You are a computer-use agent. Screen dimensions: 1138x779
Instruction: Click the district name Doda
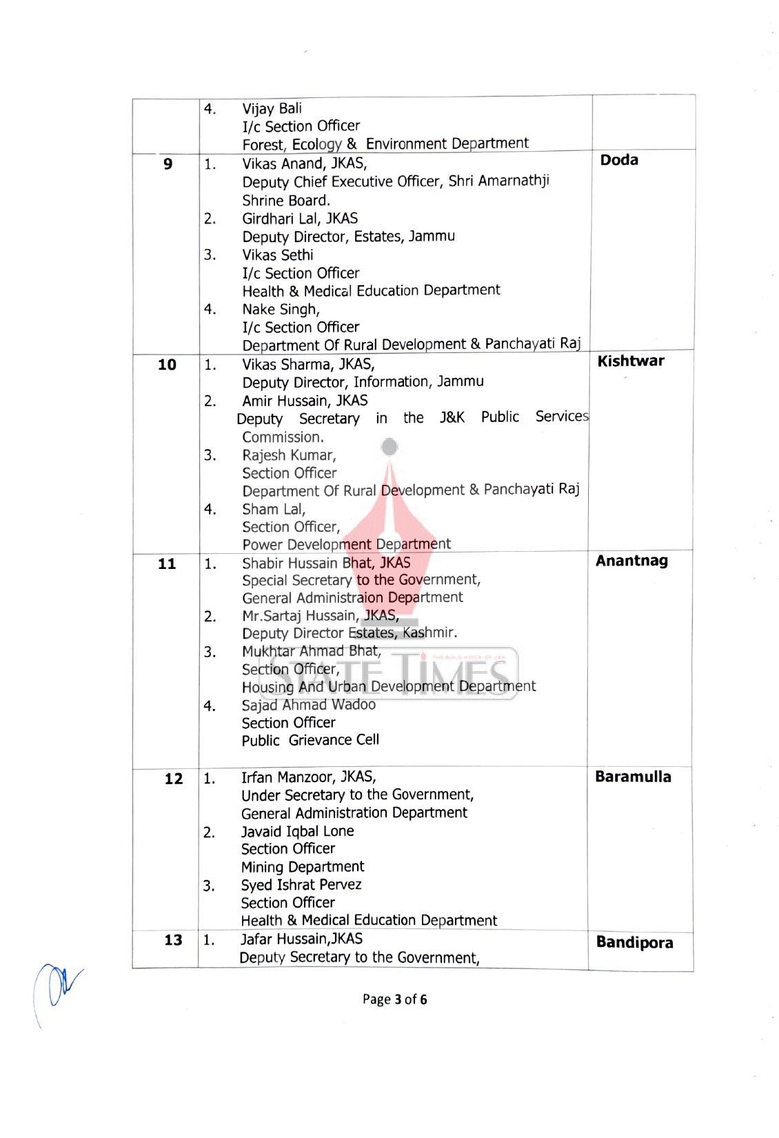pos(619,160)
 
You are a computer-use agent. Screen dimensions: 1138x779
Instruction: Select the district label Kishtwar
pos(631,361)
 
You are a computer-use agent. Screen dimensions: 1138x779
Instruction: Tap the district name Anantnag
pos(631,561)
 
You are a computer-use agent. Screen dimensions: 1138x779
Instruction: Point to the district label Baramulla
pos(633,777)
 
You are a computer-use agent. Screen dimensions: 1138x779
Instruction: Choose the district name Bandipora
pos(634,943)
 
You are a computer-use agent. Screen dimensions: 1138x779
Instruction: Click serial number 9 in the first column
pos(168,164)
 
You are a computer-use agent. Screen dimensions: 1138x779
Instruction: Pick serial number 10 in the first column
pos(167,365)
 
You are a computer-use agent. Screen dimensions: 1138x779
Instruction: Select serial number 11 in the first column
pos(167,564)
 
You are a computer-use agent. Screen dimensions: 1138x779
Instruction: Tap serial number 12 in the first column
pos(174,779)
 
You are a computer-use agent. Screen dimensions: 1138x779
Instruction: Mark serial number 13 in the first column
pos(173,940)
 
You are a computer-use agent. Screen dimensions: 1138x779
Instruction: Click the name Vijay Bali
pos(272,108)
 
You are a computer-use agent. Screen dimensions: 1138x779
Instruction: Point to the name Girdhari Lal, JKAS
pos(300,219)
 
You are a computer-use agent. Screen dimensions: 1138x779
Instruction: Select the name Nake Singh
pos(281,310)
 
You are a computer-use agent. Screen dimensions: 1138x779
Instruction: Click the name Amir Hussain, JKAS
pos(305,401)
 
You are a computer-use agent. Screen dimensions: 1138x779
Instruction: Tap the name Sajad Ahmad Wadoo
pos(308,705)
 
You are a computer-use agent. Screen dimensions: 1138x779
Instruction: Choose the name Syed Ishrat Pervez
pos(301,885)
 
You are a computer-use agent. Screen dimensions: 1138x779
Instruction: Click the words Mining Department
pos(302,867)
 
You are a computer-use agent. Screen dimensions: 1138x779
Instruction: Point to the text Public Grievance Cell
pos(310,740)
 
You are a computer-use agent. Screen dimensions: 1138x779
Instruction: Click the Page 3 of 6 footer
pos(394,999)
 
